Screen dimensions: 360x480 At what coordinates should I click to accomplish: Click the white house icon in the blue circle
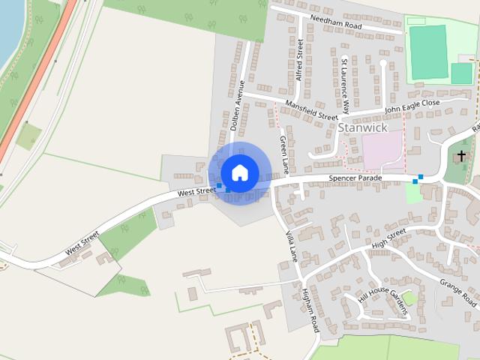pyautogui.click(x=239, y=172)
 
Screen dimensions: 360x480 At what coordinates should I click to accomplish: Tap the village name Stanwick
pyautogui.click(x=363, y=127)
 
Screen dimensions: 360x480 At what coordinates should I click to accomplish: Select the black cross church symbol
pyautogui.click(x=461, y=155)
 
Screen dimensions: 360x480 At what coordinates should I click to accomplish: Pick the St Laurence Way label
pyautogui.click(x=345, y=85)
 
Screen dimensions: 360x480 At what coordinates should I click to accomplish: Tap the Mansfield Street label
pyautogui.click(x=311, y=110)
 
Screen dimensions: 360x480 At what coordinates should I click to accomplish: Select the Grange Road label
pyautogui.click(x=459, y=292)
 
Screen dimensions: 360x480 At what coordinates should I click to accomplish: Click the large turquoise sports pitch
pyautogui.click(x=427, y=52)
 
